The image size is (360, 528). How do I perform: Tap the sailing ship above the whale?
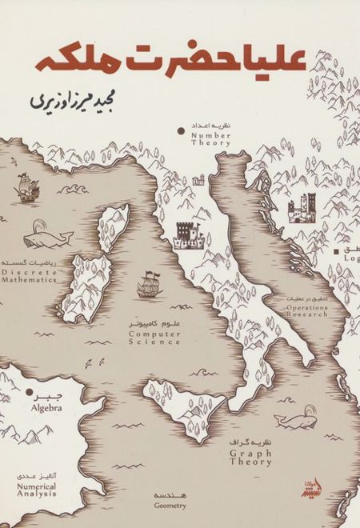28,190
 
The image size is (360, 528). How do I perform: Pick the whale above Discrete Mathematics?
46,237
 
